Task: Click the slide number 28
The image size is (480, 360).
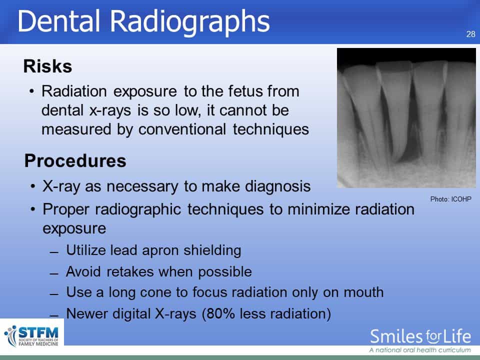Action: coord(471,34)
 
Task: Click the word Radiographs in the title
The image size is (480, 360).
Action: coord(190,22)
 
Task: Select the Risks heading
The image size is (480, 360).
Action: coord(48,66)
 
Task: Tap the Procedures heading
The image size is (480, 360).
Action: coord(75,160)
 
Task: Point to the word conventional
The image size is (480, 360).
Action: coord(182,129)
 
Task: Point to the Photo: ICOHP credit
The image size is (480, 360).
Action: coord(450,199)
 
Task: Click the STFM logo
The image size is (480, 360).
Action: coord(32,336)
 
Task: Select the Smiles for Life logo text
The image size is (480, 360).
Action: coord(420,336)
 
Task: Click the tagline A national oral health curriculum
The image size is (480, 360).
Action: coord(420,350)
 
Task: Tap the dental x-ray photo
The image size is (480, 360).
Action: coord(406,118)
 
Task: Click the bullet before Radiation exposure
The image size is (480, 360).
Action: coord(31,91)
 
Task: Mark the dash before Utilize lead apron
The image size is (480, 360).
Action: coord(54,252)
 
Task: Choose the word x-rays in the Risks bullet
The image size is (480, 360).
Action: coord(110,110)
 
